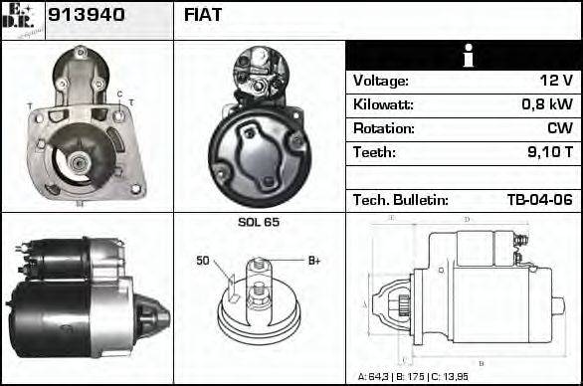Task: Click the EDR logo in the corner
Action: (23, 19)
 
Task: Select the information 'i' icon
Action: (464, 56)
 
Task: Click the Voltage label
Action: (380, 81)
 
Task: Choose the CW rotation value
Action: (560, 128)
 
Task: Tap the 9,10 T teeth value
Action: (548, 152)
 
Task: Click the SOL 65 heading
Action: (259, 223)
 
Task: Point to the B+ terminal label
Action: (313, 261)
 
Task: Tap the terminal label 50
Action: (203, 262)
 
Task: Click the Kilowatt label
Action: (382, 104)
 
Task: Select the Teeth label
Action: (374, 152)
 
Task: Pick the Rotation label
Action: (382, 128)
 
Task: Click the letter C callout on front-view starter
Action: (118, 95)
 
